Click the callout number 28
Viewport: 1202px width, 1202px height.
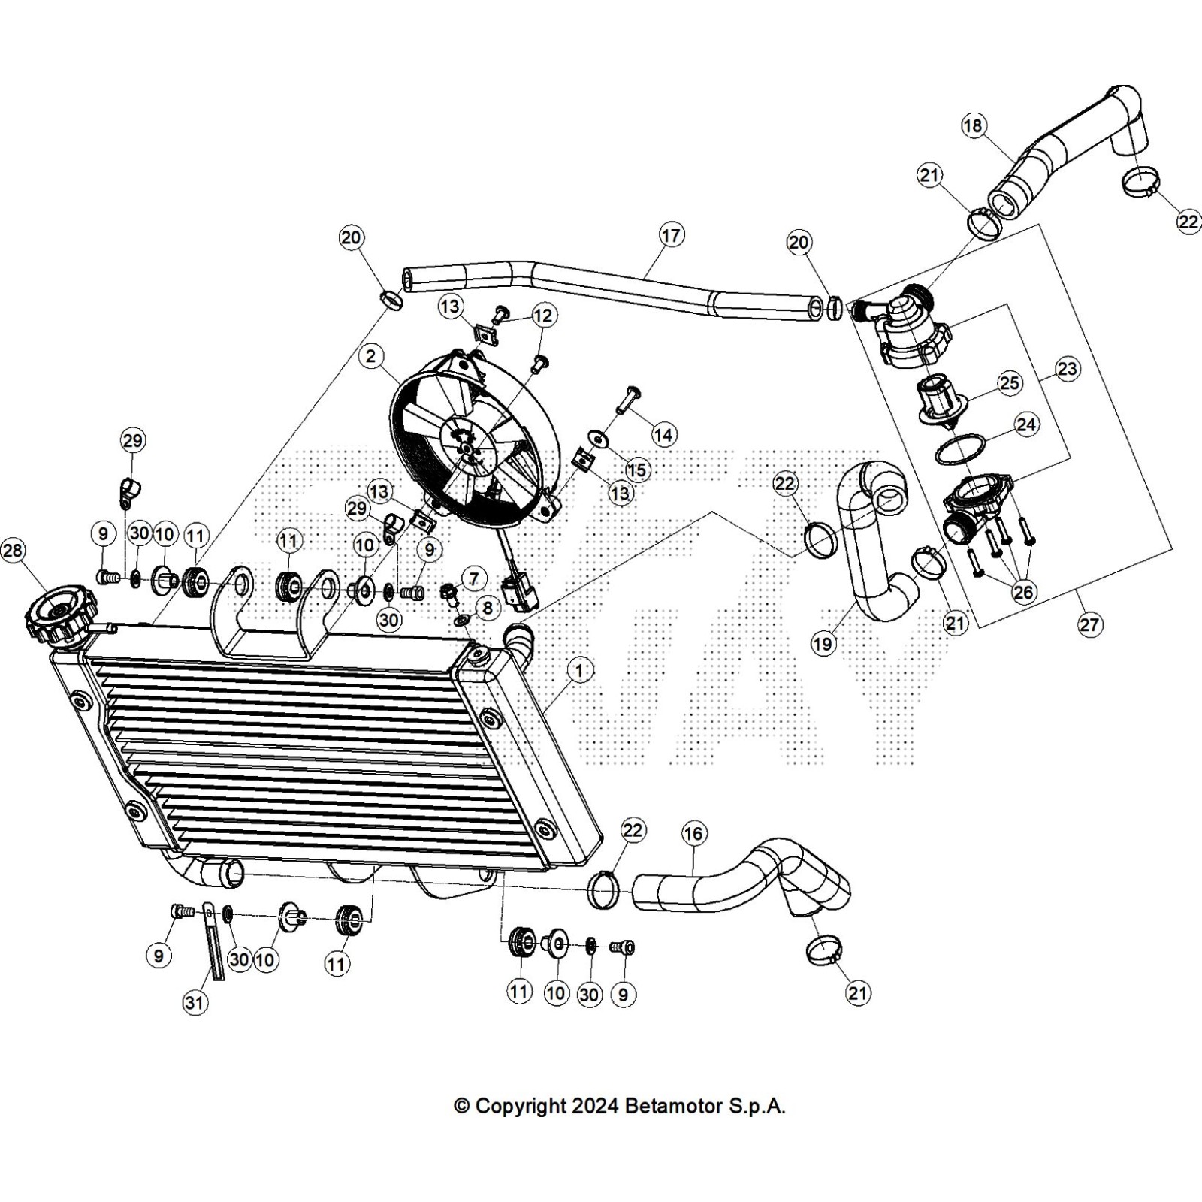pos(13,551)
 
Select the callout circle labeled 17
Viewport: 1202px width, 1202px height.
pos(670,236)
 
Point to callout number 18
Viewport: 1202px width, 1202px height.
pos(973,126)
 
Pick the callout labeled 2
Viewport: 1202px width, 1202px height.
pos(371,356)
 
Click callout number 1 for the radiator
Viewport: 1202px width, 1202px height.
pos(579,669)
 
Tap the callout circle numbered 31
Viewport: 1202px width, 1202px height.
pos(195,1002)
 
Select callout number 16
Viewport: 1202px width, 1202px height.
pos(693,833)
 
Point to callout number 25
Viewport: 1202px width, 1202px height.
pos(1010,383)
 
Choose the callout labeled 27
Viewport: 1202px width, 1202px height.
pos(1089,624)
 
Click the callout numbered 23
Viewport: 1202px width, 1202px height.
pos(1068,369)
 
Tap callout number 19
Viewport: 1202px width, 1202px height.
pos(823,644)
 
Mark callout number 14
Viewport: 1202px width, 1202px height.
pos(664,434)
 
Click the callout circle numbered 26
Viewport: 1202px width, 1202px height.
pos(1023,592)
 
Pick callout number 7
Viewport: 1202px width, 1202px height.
pos(473,579)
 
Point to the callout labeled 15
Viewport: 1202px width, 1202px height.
pos(637,470)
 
